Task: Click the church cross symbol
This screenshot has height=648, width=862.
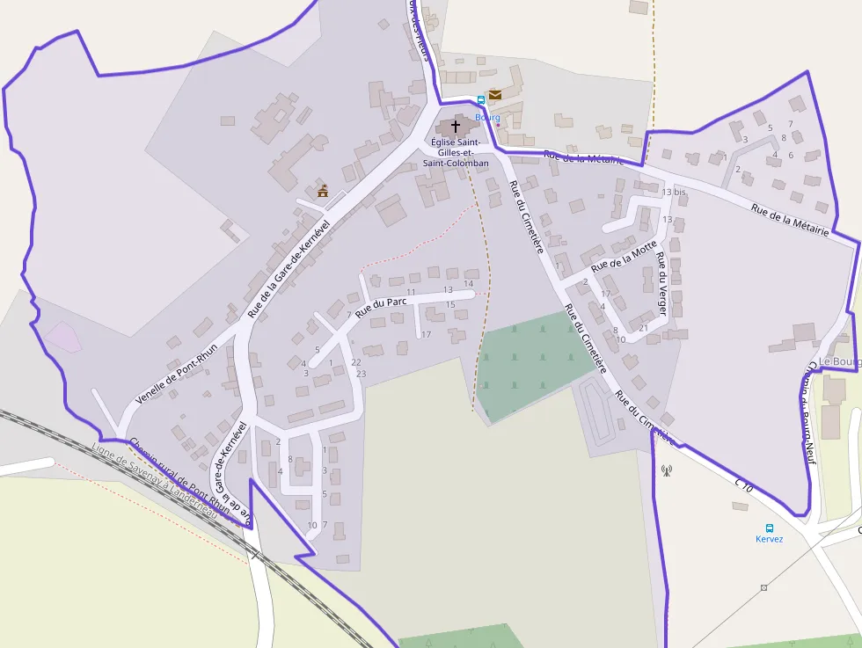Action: pos(455,127)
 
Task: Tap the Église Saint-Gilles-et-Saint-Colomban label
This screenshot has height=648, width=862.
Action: pos(455,152)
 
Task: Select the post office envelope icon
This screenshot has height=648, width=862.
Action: pos(495,94)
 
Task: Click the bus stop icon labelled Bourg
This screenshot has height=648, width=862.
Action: pos(480,100)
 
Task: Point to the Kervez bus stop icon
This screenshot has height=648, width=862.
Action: pos(770,528)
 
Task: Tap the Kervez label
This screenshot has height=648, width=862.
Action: pos(769,539)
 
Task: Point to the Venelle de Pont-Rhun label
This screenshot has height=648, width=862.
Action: pos(176,374)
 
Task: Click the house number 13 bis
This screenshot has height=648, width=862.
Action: pos(673,192)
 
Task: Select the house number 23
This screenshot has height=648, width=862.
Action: pos(361,374)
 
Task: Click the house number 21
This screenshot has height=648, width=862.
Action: pos(643,328)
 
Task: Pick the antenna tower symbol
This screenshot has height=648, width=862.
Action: pos(666,470)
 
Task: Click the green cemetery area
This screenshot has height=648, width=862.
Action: pos(532,360)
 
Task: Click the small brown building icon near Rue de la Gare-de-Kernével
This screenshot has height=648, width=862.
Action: pos(323,190)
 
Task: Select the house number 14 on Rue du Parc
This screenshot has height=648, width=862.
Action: pos(469,283)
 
